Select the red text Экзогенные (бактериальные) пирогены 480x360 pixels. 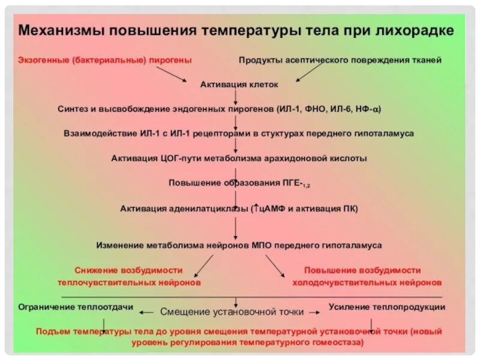click(x=104, y=61)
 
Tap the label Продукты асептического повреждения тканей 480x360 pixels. click(x=340, y=61)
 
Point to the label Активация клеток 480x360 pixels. click(x=239, y=85)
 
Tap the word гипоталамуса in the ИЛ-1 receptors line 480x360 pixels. click(x=385, y=134)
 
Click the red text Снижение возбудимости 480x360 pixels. click(x=128, y=270)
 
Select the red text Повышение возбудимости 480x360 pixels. click(x=362, y=270)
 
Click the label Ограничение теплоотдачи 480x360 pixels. click(x=76, y=307)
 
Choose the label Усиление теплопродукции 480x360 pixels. click(x=387, y=307)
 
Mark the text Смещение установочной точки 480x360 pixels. click(x=232, y=312)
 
